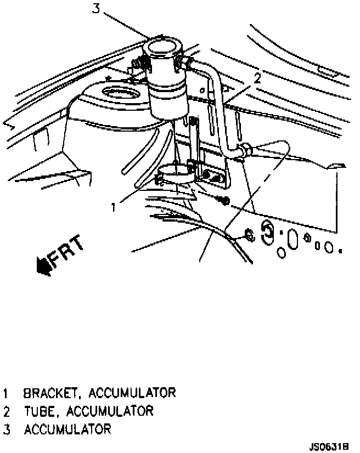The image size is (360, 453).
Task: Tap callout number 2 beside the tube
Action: [256, 78]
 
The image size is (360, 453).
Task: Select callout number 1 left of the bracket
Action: [113, 207]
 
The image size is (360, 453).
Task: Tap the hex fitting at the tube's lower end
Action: [246, 149]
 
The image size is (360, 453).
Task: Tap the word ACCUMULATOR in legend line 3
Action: [67, 429]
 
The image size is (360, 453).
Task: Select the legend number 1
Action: [6, 393]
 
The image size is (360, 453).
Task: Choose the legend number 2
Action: [6, 411]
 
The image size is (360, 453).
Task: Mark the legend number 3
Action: [6, 429]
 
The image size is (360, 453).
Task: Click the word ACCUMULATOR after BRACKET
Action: [132, 393]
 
